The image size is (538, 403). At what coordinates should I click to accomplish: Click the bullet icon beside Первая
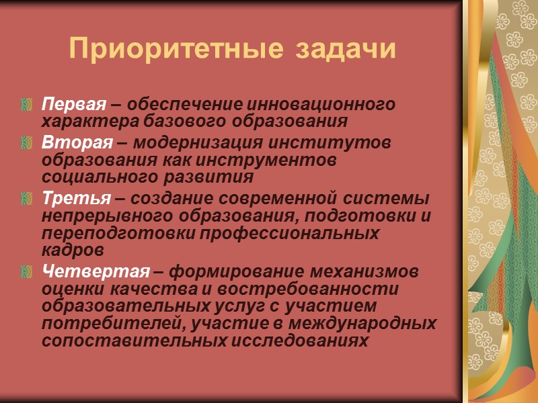click(28, 105)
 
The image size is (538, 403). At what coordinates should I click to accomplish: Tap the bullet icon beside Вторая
click(28, 143)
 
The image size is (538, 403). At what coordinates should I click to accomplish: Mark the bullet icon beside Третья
click(28, 199)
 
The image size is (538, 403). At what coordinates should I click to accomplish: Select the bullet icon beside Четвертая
click(28, 272)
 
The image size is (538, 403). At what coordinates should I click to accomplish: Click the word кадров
click(73, 251)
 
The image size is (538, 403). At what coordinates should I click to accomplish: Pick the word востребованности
click(325, 289)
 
